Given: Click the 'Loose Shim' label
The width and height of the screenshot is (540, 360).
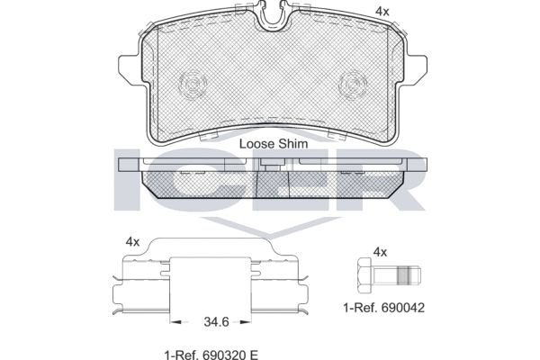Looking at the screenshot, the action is tap(274, 144).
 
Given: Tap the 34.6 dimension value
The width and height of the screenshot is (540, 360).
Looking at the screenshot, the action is tap(216, 322).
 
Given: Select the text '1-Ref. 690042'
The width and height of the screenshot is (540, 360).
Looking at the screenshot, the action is tap(384, 308).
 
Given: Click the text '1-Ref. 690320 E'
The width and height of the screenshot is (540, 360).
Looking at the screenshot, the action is tap(211, 355).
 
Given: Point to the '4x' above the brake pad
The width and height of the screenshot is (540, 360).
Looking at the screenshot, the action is tap(382, 12).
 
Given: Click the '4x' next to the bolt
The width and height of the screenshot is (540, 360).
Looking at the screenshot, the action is tap(380, 252).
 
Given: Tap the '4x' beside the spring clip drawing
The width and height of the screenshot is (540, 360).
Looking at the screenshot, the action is tap(132, 242).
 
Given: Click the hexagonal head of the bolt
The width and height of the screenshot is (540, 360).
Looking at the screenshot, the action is tap(365, 275).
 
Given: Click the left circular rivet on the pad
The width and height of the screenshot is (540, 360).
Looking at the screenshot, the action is tap(193, 85).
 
